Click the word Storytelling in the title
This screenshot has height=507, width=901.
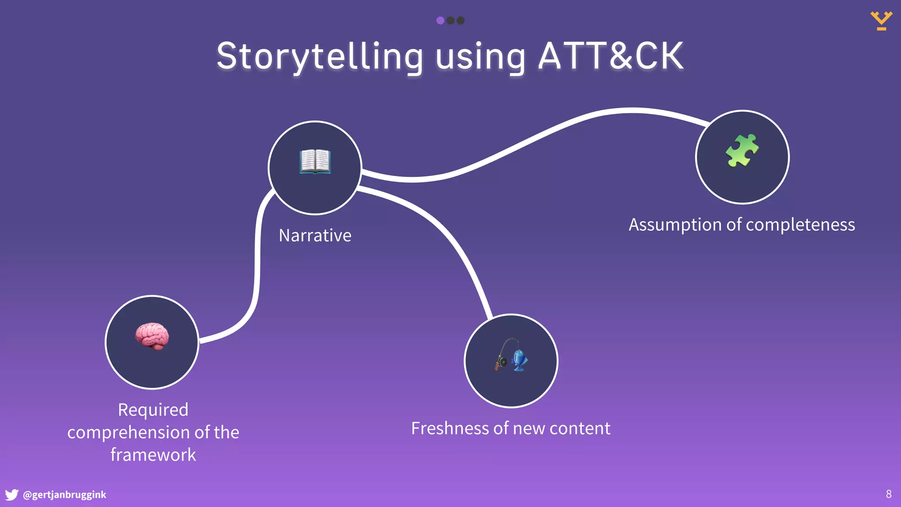coord(320,56)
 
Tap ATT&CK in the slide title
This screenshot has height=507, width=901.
coord(611,56)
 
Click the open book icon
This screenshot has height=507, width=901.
coord(315,161)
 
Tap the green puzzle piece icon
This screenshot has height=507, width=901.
coord(742,151)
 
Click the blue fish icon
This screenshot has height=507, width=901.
coord(520,360)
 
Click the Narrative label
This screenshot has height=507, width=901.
coord(315,235)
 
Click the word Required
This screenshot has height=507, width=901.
coord(153,410)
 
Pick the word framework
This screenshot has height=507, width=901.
coord(153,455)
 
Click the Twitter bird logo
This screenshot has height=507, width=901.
coord(11,495)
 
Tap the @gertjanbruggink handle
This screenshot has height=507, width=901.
coord(64,495)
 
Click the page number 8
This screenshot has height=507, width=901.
coord(888,494)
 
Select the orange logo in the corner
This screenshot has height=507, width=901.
coord(881,20)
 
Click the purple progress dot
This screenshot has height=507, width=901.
coord(440,20)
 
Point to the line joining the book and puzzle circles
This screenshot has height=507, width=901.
coord(528,141)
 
